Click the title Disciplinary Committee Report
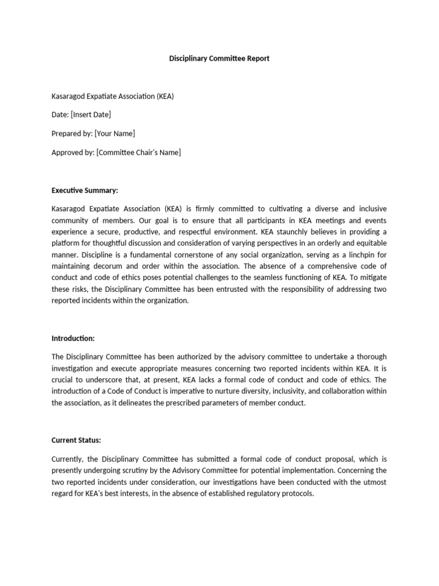[x=219, y=58]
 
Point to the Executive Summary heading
[x=84, y=190]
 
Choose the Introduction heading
[x=73, y=338]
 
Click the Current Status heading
[x=76, y=440]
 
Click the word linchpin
[x=357, y=255]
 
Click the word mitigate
[x=372, y=278]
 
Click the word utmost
[x=374, y=482]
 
